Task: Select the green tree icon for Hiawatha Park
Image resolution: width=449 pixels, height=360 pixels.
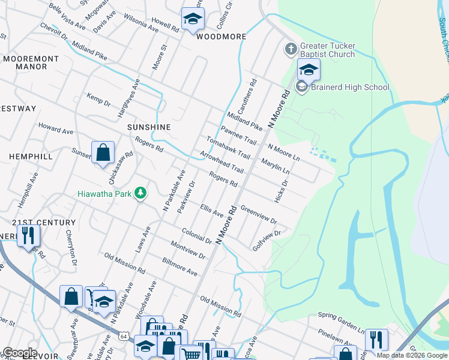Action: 140,193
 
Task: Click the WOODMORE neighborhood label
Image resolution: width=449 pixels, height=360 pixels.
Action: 221,37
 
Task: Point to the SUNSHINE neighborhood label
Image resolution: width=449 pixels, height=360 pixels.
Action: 149,127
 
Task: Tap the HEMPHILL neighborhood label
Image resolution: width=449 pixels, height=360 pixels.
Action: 31,156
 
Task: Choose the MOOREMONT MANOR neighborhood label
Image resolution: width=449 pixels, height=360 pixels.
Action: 31,62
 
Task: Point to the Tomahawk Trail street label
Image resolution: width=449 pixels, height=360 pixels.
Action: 228,148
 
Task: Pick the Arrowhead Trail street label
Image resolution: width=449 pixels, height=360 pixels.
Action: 221,161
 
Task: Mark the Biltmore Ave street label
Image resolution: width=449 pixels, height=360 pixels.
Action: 179,268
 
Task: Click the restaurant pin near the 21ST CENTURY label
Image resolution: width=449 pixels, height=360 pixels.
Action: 28,237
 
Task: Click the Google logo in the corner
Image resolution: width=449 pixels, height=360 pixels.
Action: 19,353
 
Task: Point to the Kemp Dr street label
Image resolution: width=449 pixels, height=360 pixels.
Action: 98,100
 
